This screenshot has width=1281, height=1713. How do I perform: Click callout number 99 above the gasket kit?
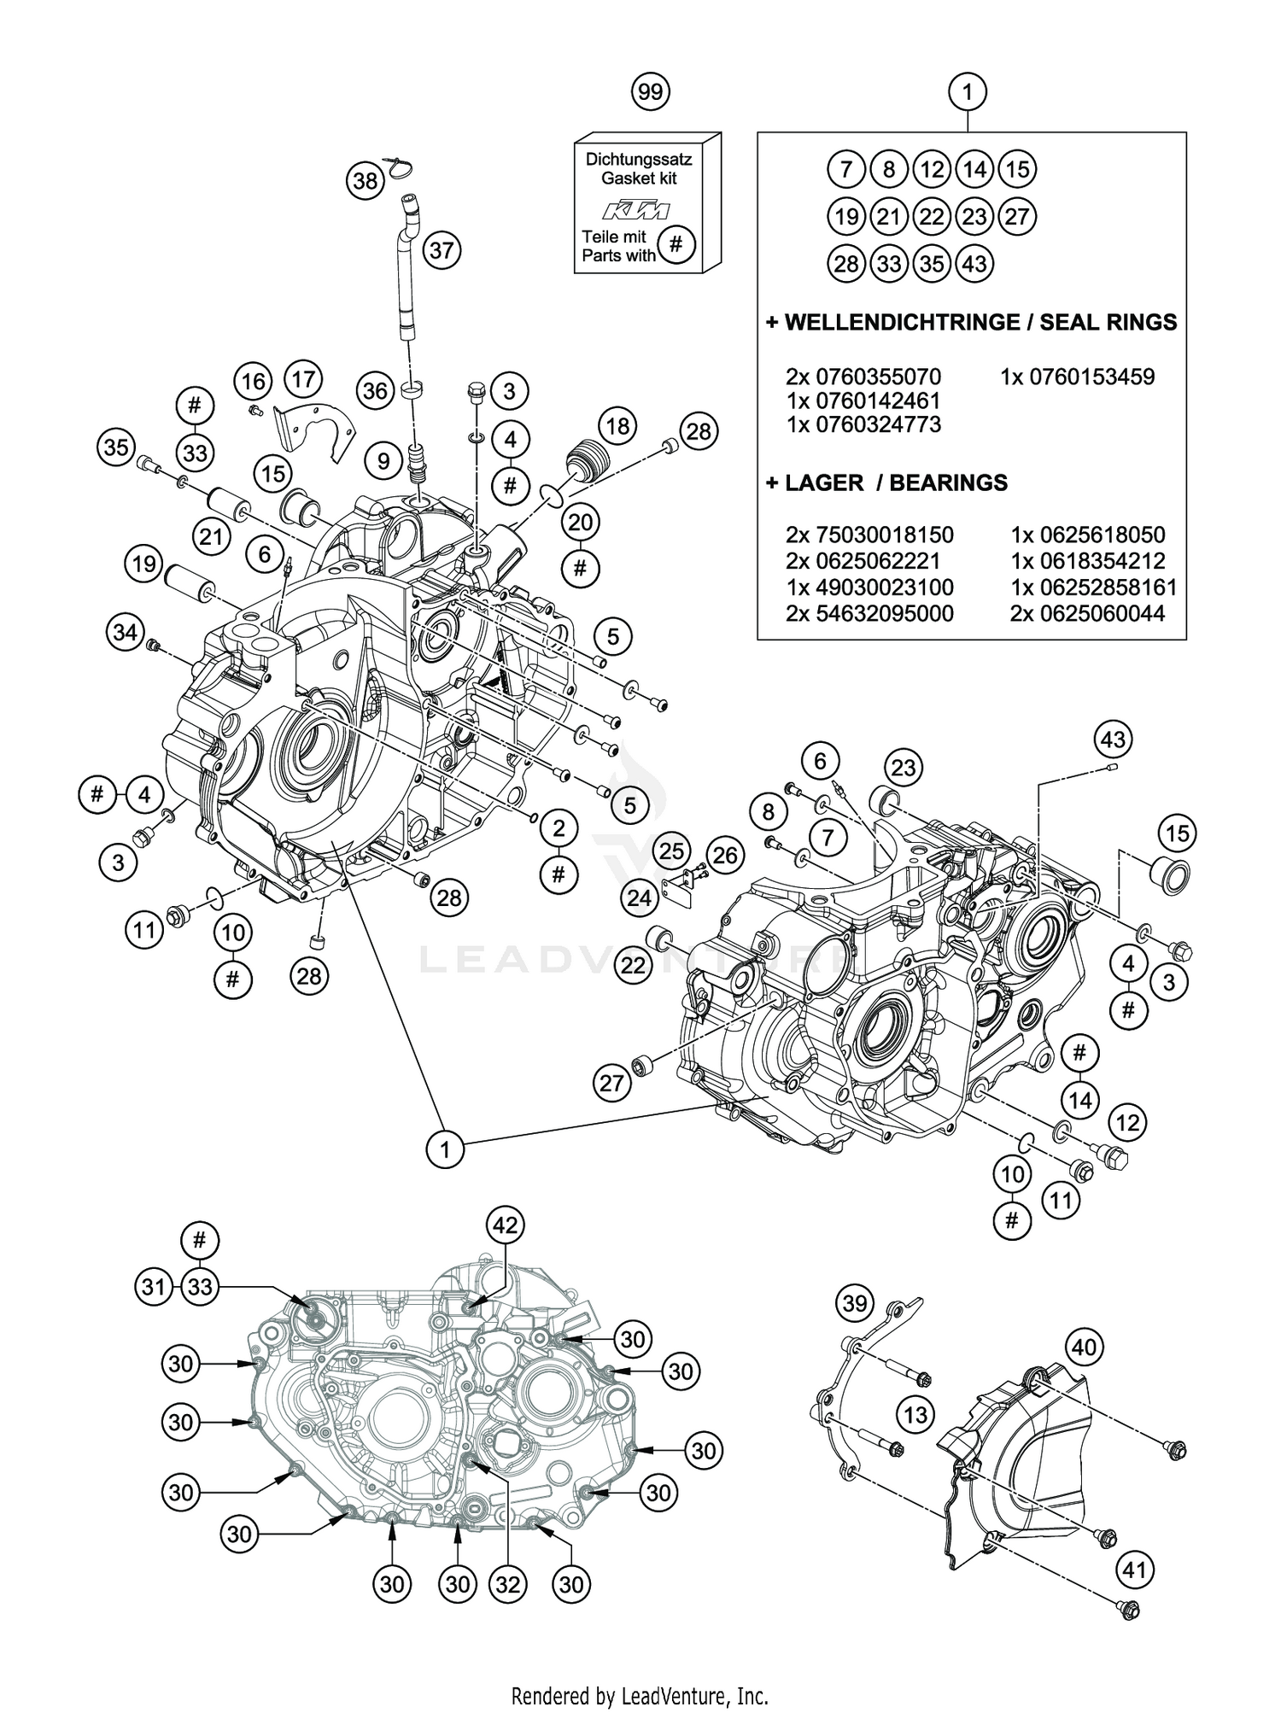pos(651,91)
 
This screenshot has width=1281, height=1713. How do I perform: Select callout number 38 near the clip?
pos(366,181)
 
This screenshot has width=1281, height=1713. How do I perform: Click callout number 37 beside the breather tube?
pos(442,251)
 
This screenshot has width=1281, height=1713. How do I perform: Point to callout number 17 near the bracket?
pos(304,378)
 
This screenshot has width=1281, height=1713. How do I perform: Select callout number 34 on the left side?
pos(125,633)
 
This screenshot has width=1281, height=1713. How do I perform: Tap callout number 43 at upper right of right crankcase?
pos(1113,739)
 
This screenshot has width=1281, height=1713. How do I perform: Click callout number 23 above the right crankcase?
pos(903,767)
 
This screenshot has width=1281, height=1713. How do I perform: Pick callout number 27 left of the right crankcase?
pos(611,1084)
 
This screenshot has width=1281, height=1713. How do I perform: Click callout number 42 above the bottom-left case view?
pos(506,1225)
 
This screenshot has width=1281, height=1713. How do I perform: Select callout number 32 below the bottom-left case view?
pos(507,1584)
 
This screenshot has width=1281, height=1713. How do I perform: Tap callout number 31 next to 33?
pos(154,1286)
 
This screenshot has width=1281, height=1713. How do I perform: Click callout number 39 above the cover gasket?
pos(854,1302)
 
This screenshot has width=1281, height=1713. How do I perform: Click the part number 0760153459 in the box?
pos(1077,377)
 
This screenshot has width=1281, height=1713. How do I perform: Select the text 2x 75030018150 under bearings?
pos(869,535)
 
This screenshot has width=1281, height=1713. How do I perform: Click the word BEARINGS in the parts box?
pos(948,483)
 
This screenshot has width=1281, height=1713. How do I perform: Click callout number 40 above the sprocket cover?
pos(1084,1348)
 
